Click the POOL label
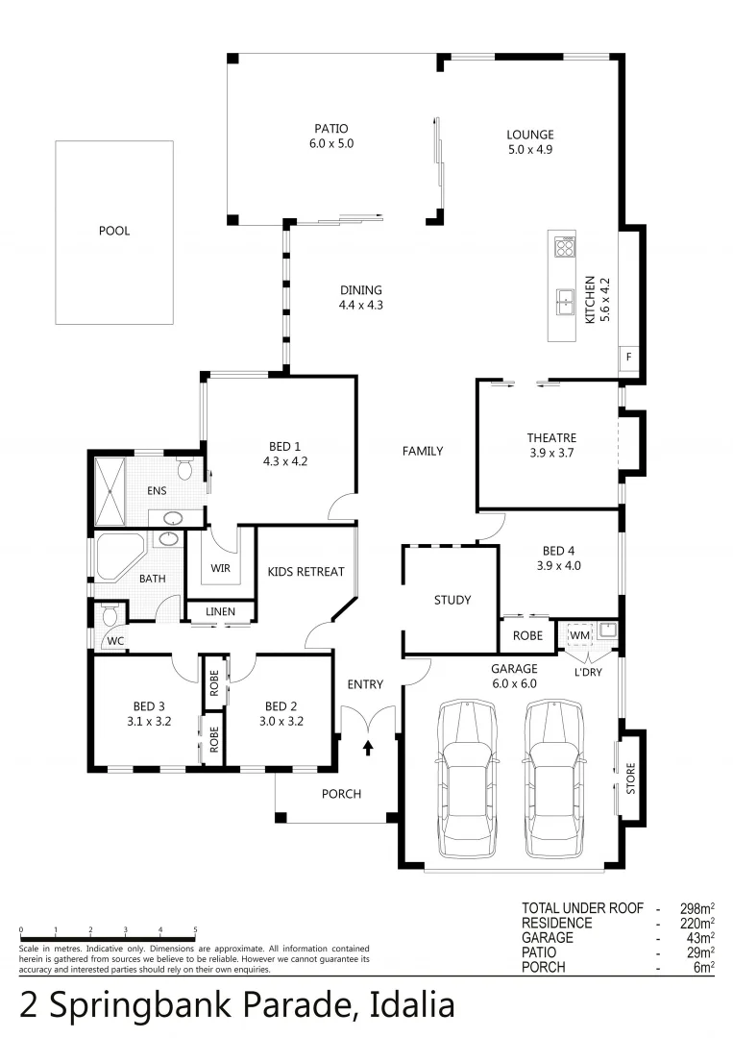113,231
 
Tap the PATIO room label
330,129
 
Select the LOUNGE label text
530,135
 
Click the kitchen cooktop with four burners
564,248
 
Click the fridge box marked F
629,358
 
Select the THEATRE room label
550,438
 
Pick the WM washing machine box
578,634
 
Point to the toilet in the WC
110,613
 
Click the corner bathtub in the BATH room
119,557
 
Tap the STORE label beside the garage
631,778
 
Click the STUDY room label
452,600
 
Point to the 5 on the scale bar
195,929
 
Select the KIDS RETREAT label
305,572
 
